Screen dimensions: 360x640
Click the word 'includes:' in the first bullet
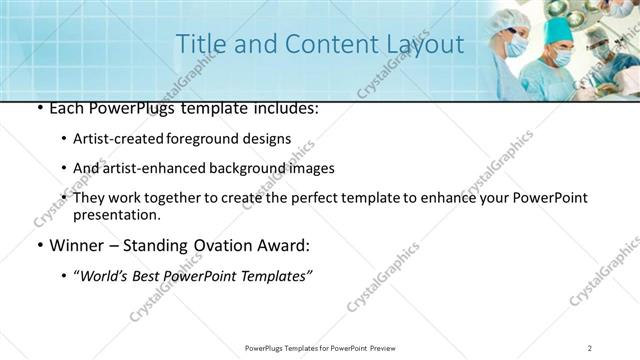282,108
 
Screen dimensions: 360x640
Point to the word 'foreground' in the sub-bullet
218,139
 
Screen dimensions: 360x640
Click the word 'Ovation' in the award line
220,246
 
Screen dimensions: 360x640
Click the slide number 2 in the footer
591,347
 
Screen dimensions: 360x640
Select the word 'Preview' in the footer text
387,347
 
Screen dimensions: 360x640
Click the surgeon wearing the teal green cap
557,55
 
